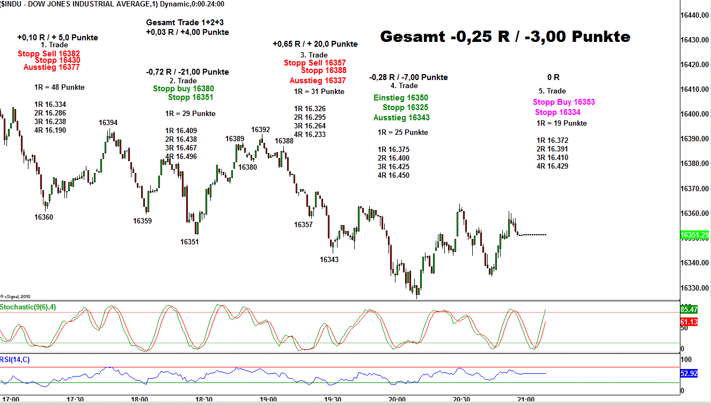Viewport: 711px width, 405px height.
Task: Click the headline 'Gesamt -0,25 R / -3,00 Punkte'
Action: click(x=505, y=37)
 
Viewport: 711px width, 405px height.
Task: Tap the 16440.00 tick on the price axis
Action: click(x=695, y=15)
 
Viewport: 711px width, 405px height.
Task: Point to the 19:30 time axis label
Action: click(x=333, y=400)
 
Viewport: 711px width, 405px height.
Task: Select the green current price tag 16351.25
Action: click(x=694, y=235)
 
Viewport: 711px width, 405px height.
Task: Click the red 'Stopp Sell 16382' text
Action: click(x=49, y=54)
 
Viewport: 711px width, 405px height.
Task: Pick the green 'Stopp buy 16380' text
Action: click(x=183, y=89)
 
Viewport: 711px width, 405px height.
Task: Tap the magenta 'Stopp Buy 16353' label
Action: click(x=563, y=102)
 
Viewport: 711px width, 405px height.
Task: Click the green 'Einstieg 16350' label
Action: click(x=401, y=98)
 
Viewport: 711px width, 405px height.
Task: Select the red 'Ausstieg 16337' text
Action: click(x=318, y=81)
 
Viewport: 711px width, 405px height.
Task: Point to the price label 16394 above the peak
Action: click(x=108, y=122)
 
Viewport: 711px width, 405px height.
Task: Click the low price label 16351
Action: click(x=189, y=242)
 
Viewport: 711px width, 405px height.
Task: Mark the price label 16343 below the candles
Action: click(x=329, y=259)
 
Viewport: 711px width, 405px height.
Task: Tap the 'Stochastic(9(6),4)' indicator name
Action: click(x=27, y=307)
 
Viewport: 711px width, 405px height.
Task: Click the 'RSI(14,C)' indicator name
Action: click(x=16, y=359)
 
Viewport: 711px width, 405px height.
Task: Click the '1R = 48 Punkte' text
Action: click(x=59, y=87)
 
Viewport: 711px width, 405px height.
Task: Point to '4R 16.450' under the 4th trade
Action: click(x=393, y=175)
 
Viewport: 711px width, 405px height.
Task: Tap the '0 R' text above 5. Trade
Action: click(x=553, y=77)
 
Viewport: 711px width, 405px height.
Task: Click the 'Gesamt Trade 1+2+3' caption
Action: click(x=185, y=23)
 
